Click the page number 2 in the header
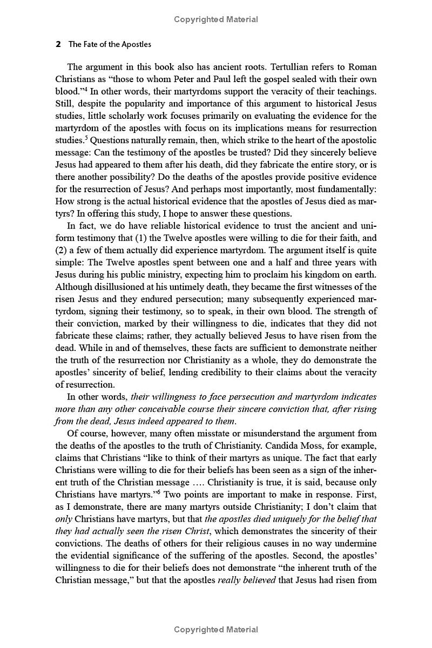58,45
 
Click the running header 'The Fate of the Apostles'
110,45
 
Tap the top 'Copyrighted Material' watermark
216,19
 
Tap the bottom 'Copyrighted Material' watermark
216,629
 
